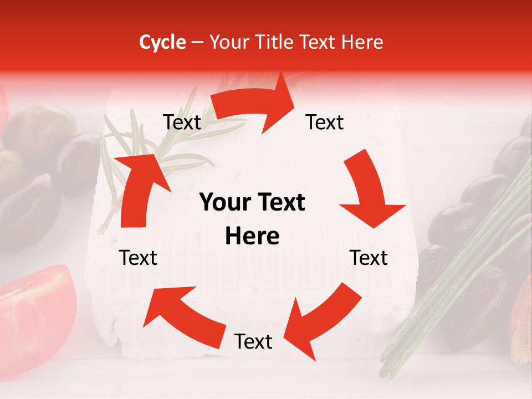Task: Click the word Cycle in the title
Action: tap(162, 42)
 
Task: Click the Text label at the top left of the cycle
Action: tap(182, 122)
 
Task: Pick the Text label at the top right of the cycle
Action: tap(325, 122)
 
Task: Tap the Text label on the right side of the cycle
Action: tap(369, 258)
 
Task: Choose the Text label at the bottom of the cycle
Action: tap(253, 341)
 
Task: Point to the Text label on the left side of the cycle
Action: tap(139, 258)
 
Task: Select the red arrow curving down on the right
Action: tap(368, 188)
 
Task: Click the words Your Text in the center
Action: tap(252, 203)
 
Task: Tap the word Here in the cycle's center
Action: tap(252, 237)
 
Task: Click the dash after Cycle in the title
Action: tap(197, 43)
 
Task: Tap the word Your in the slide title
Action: tap(228, 42)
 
